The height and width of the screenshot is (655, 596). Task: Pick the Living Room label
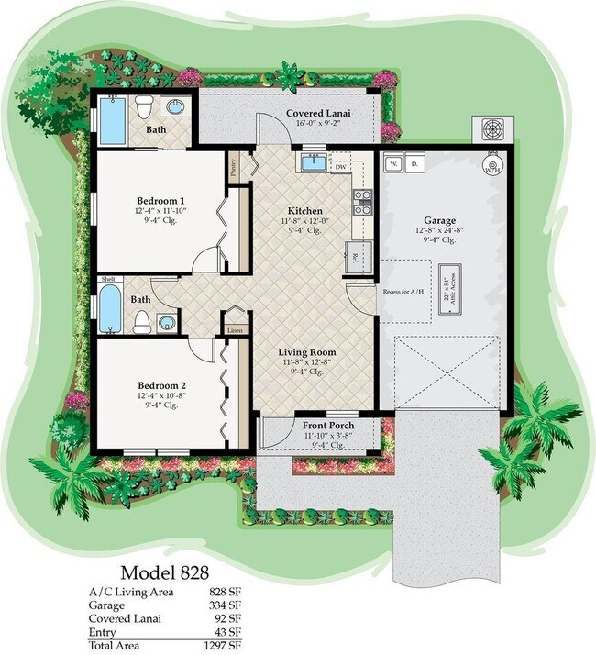click(x=307, y=351)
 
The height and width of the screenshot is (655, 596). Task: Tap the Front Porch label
click(x=327, y=426)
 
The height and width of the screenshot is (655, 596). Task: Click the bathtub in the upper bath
click(x=113, y=120)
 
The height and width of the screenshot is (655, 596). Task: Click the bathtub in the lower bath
click(x=111, y=310)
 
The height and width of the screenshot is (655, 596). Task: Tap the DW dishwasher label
click(x=340, y=167)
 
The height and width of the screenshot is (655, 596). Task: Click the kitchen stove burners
click(x=362, y=202)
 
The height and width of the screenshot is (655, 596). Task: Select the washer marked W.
click(x=394, y=163)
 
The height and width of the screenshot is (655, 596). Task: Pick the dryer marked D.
click(x=414, y=163)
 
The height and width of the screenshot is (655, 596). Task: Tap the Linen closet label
click(x=235, y=328)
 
